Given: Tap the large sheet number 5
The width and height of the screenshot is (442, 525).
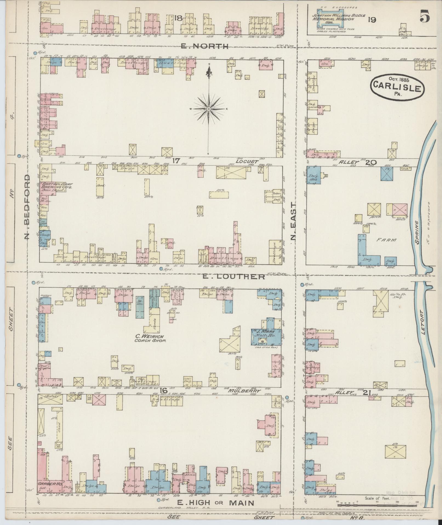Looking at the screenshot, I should click(424, 17).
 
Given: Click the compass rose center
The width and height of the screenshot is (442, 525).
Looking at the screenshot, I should click(209, 109).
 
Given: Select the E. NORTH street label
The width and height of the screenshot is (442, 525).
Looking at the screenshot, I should click(209, 46).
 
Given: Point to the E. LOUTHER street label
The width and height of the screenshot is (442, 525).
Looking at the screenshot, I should click(234, 277).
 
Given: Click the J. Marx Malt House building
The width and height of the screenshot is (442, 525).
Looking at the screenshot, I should click(267, 334).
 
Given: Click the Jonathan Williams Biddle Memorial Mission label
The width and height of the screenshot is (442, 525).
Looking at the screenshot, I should click(338, 19).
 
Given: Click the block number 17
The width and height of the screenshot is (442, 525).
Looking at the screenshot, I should click(175, 161).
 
